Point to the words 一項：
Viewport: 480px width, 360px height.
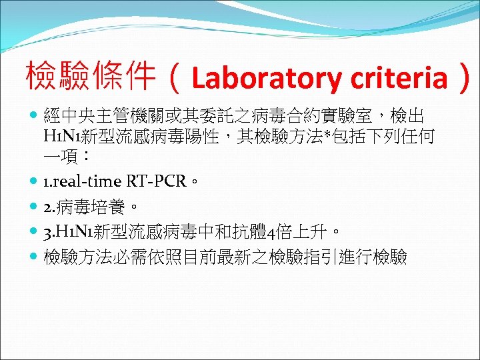[x=64, y=157]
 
